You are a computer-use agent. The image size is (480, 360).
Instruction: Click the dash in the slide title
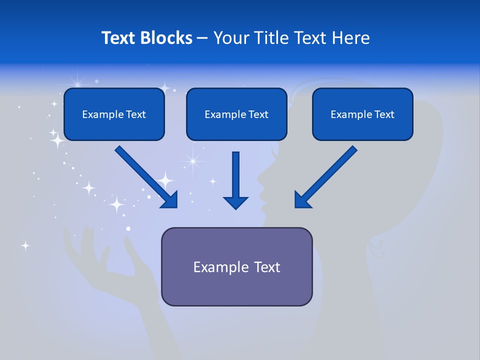click(202, 38)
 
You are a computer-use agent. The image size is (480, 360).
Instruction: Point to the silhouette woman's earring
click(376, 243)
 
